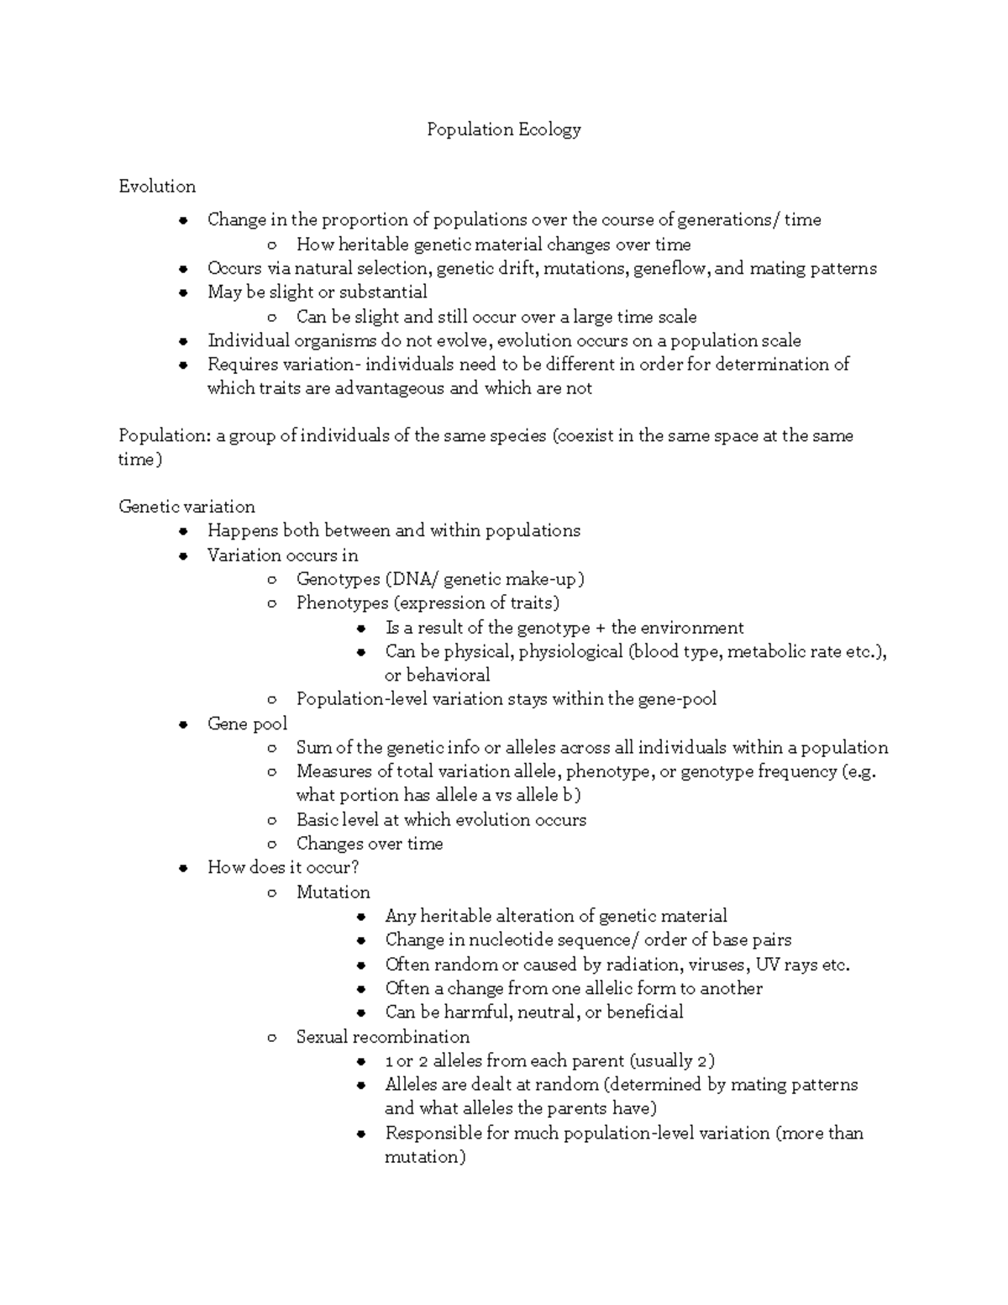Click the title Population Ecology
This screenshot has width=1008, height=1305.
(x=503, y=129)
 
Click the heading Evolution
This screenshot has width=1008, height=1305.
(x=157, y=187)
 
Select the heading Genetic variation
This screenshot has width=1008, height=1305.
(x=186, y=507)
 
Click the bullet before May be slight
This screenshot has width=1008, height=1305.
(x=182, y=293)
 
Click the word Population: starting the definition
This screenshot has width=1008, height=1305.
(x=165, y=436)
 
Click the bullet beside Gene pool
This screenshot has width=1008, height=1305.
(x=182, y=725)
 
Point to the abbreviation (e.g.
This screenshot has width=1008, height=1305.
(x=858, y=771)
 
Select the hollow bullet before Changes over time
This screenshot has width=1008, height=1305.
(x=271, y=845)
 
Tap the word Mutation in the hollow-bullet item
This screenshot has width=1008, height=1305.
(x=333, y=892)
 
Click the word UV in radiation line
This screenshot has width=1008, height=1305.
(x=768, y=965)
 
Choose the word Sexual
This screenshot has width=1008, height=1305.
(x=322, y=1037)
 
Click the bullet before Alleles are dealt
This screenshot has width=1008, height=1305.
(x=360, y=1086)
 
